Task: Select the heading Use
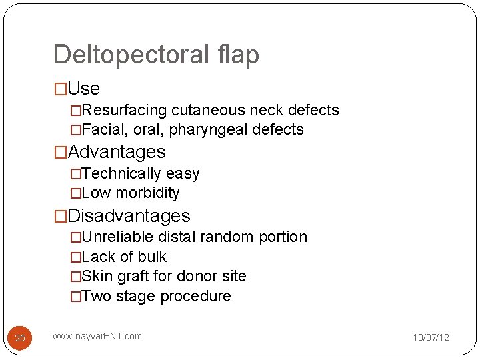(x=83, y=89)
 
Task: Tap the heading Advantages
(x=117, y=152)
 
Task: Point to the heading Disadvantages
(x=129, y=216)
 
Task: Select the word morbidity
(x=147, y=193)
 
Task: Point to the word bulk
(x=152, y=257)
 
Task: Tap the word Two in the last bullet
(x=97, y=296)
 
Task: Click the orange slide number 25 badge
(x=20, y=338)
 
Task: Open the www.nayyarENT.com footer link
(x=97, y=336)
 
